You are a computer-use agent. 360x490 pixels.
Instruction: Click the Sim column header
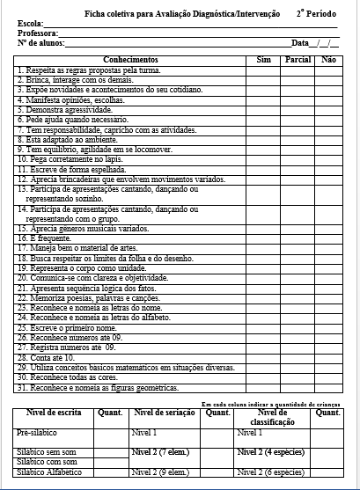coord(263,59)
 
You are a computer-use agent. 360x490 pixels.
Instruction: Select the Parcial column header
coord(299,59)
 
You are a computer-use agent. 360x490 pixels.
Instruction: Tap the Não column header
coord(329,59)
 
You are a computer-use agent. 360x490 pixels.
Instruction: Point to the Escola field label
coord(29,24)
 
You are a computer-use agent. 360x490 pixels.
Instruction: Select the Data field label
coord(300,42)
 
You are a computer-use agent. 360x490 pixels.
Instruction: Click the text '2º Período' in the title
coord(315,13)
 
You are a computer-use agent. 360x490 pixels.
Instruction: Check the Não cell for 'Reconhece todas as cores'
coord(329,377)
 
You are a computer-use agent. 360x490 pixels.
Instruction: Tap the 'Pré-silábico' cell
coord(37,433)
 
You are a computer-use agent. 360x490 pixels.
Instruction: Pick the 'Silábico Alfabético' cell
coord(49,472)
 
